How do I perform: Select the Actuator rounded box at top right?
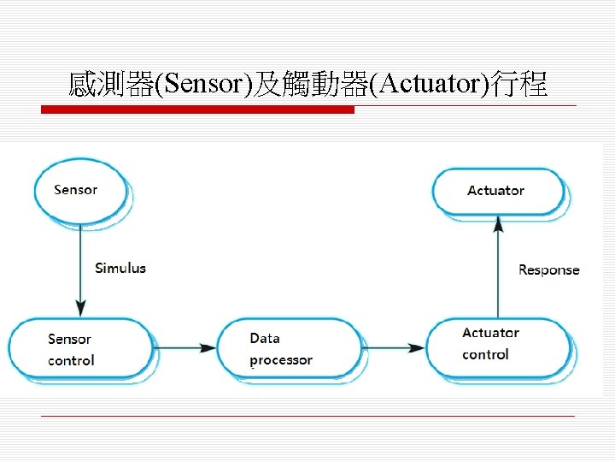click(x=498, y=191)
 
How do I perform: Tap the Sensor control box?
click(x=79, y=348)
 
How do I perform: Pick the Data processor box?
click(x=288, y=348)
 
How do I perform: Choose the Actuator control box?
click(x=498, y=346)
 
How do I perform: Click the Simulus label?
click(x=120, y=268)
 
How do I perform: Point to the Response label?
click(x=548, y=269)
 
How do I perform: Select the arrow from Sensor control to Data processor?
click(x=184, y=348)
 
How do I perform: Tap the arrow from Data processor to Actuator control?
click(x=393, y=348)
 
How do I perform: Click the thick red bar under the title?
click(x=198, y=110)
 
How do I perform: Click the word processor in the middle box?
click(x=281, y=360)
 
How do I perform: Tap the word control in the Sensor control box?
click(x=71, y=360)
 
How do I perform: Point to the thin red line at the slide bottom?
click(x=307, y=417)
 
